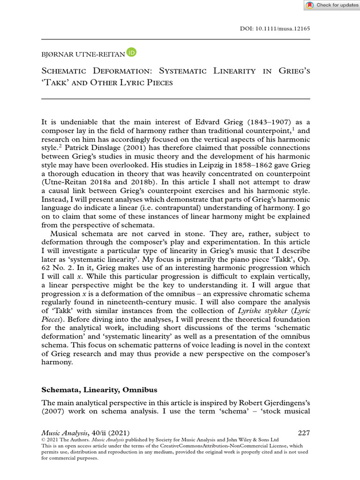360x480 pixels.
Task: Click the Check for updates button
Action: pyautogui.click(x=332, y=5)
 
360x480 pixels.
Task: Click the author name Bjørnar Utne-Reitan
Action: pyautogui.click(x=83, y=54)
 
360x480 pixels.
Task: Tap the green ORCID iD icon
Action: pyautogui.click(x=131, y=54)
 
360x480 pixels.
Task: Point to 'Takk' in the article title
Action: pyautogui.click(x=57, y=83)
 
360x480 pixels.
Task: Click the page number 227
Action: pyautogui.click(x=303, y=433)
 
